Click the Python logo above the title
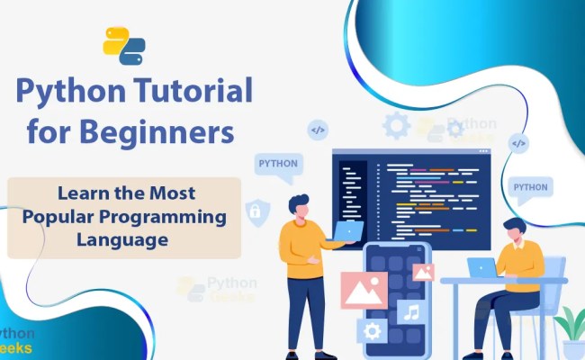click(124, 46)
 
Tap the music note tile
click(410, 311)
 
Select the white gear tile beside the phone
click(371, 331)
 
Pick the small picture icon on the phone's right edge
click(422, 271)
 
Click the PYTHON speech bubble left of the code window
click(278, 165)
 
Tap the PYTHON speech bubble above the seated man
click(529, 188)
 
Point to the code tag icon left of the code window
click(318, 130)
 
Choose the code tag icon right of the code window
click(517, 143)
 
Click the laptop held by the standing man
click(347, 233)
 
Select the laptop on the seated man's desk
click(481, 267)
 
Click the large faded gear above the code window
click(395, 125)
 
